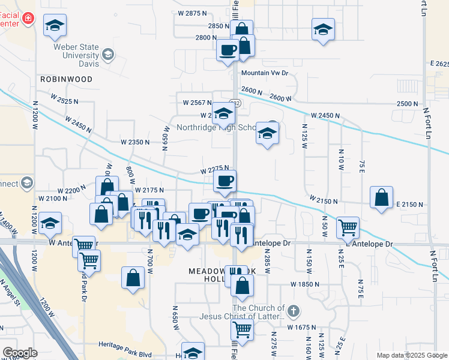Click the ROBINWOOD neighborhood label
click(66, 79)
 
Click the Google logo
click(20, 352)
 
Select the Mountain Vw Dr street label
click(265, 73)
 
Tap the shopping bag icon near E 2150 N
click(382, 198)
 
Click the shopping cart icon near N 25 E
click(348, 227)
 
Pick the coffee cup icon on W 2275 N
click(224, 181)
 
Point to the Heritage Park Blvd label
click(125, 346)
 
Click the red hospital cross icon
click(27, 20)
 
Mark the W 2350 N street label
click(134, 142)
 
